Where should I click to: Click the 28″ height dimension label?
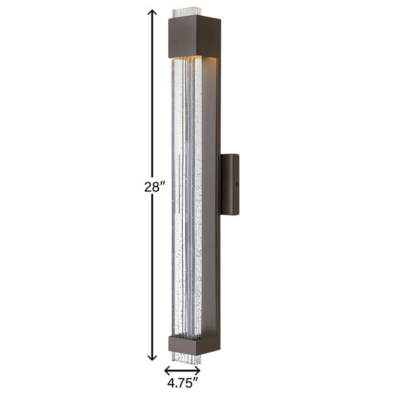(155, 187)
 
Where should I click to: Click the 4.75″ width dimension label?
(183, 383)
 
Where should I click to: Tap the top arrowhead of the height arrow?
(152, 12)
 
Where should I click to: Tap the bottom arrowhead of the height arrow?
(152, 358)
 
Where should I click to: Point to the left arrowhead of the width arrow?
(168, 369)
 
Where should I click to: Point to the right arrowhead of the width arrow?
(198, 369)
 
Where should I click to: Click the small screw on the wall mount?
(236, 185)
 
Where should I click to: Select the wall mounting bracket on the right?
(229, 185)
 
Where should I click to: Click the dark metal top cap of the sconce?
(195, 36)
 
